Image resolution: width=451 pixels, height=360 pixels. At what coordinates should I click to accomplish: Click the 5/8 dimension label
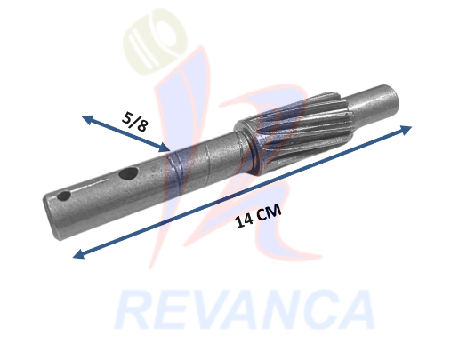click(134, 122)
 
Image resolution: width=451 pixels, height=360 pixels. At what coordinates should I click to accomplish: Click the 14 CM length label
click(258, 217)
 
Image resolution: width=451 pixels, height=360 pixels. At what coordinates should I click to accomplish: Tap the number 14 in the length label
click(245, 220)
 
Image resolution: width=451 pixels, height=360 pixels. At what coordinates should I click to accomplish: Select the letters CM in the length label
click(269, 212)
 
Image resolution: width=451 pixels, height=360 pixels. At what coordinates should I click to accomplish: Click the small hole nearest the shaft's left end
click(64, 196)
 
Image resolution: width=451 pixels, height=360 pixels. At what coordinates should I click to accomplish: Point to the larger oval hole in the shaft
click(128, 173)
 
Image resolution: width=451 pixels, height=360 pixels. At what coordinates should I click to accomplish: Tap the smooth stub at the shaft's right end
click(374, 102)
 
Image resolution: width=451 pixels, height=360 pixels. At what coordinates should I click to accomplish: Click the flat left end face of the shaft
click(51, 218)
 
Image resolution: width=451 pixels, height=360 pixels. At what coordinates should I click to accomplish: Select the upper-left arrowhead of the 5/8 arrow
click(87, 119)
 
